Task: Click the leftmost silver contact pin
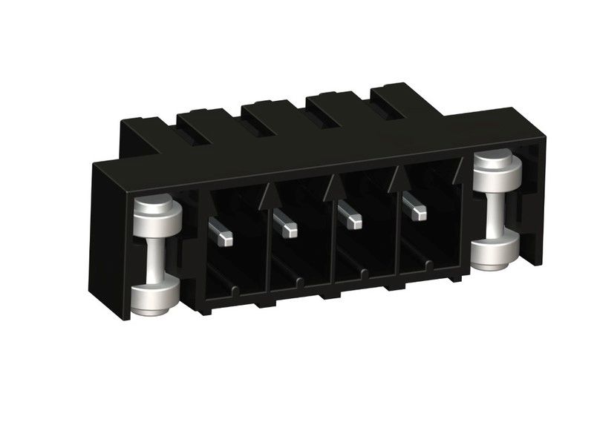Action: [221, 232]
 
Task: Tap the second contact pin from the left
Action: [284, 224]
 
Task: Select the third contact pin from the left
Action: [349, 217]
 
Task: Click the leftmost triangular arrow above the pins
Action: [270, 198]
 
